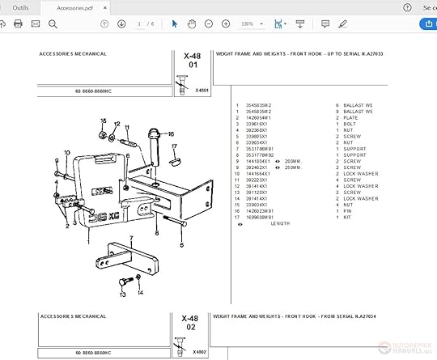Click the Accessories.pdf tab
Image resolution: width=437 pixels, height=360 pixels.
[74, 7]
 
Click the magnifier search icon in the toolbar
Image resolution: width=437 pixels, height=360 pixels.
[53, 24]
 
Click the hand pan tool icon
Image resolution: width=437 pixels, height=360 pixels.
[192, 24]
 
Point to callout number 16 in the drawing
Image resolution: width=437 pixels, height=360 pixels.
[171, 133]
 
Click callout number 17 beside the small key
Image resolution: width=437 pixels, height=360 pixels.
[172, 146]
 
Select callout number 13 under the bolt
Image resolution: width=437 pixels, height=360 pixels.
[122, 295]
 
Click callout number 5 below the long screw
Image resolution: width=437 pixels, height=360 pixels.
[181, 244]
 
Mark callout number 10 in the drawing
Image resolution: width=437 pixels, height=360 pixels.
[66, 153]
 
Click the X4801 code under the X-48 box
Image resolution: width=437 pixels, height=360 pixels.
[202, 91]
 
